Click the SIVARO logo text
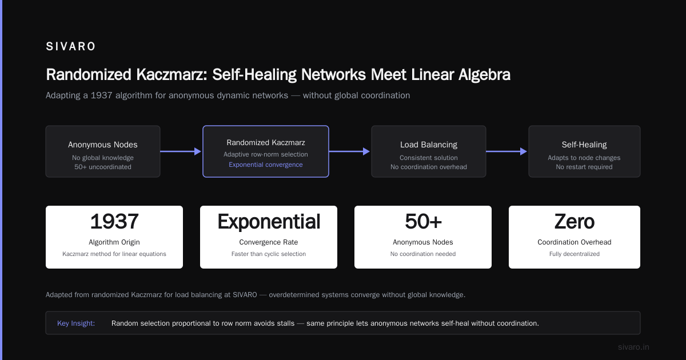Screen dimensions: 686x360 click(x=70, y=46)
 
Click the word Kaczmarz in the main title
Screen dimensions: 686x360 click(x=172, y=75)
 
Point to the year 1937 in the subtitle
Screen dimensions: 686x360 click(x=101, y=95)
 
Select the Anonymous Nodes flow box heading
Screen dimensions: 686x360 click(x=102, y=145)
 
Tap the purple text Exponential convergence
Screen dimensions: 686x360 click(x=265, y=165)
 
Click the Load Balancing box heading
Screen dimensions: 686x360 click(x=428, y=145)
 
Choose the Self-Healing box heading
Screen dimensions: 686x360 click(x=584, y=145)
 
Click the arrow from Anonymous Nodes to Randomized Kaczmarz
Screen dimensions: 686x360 click(x=181, y=151)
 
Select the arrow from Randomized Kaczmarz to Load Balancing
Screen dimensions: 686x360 click(x=349, y=151)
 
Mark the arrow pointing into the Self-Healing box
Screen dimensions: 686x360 click(x=506, y=151)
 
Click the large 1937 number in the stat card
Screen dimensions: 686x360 click(x=114, y=221)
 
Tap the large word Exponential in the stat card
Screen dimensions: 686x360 click(x=269, y=222)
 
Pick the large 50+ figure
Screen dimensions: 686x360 click(x=423, y=221)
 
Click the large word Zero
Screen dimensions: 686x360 click(x=574, y=221)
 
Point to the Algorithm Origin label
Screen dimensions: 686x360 click(x=114, y=242)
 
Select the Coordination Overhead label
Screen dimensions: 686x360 click(x=574, y=242)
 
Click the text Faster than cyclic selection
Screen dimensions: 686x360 click(x=269, y=254)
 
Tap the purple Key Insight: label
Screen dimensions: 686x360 click(x=76, y=323)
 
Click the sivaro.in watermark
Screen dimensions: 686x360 click(x=633, y=347)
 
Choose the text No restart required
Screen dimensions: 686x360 click(x=584, y=167)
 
